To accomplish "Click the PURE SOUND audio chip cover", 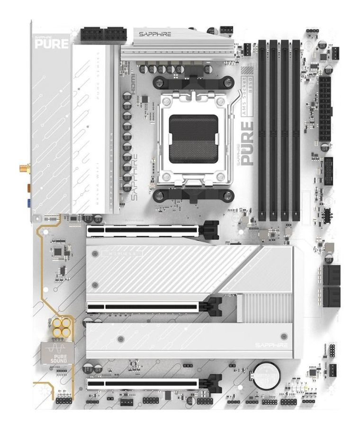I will tap(57, 352).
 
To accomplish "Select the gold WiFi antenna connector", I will tap(23, 168).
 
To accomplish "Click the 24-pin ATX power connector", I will tap(325, 109).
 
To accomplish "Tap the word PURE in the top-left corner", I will tap(52, 44).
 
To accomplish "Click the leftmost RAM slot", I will tap(262, 130).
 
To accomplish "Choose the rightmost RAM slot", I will tap(296, 130).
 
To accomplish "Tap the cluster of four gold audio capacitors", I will tap(62, 327).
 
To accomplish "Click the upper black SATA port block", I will tap(332, 275).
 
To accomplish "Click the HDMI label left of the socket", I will tap(134, 81).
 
